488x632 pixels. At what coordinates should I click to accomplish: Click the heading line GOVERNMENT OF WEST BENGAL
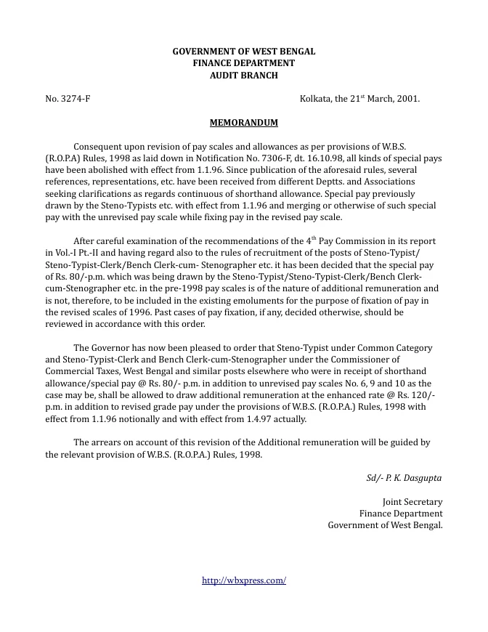(x=243, y=52)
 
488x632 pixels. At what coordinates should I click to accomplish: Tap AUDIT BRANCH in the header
(x=243, y=75)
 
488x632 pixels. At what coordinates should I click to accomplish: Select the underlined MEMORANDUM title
(x=243, y=123)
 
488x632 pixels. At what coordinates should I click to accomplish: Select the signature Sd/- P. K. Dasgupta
(x=404, y=478)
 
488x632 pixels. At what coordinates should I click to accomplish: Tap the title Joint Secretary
(x=412, y=502)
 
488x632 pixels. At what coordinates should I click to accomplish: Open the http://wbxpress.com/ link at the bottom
(x=243, y=580)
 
